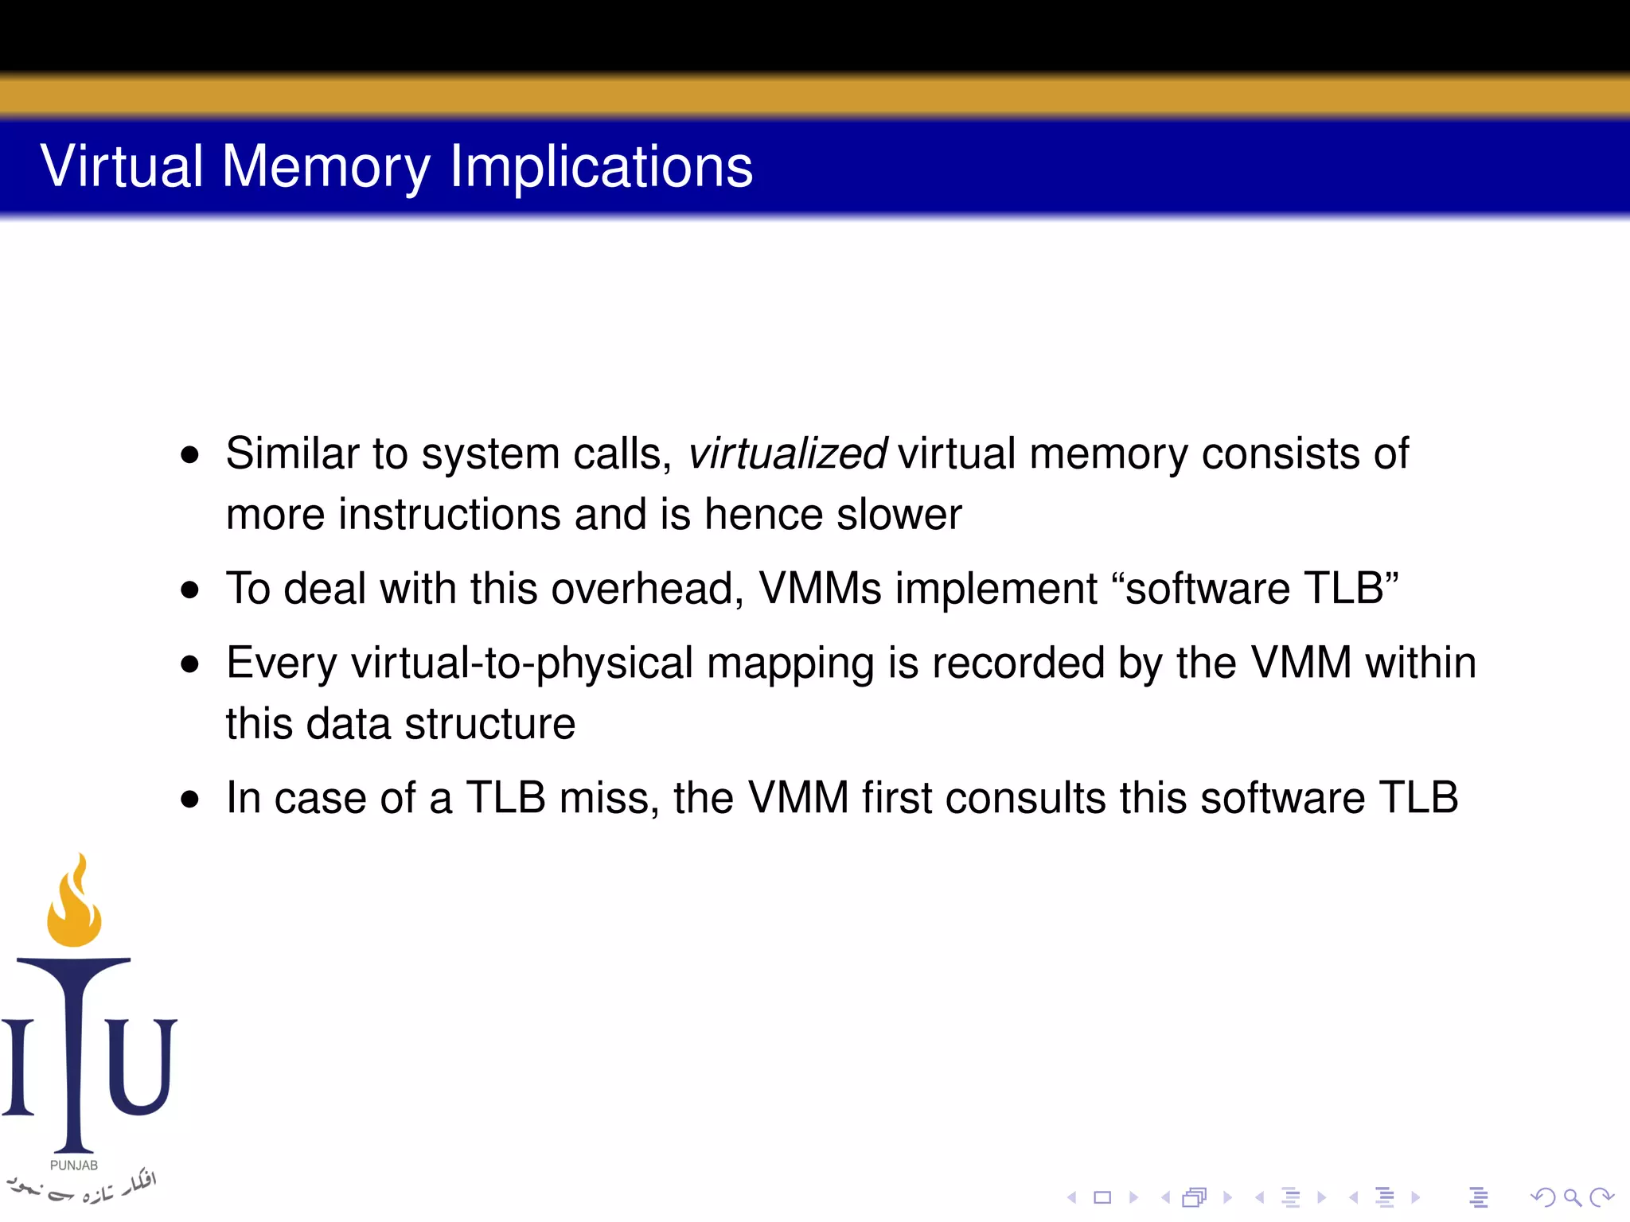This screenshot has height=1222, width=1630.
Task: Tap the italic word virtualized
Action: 786,453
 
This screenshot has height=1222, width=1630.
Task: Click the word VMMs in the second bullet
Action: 820,589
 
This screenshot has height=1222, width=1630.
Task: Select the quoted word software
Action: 1207,589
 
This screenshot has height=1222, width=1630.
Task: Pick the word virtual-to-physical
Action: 522,663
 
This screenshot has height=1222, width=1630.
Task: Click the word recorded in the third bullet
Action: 1018,663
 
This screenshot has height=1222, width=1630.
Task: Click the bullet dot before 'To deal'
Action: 189,590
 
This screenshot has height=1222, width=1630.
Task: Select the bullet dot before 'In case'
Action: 189,799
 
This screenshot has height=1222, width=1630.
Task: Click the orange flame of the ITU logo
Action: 74,907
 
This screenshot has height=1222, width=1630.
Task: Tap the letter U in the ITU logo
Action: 141,1066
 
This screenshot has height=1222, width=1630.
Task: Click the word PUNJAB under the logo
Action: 74,1166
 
